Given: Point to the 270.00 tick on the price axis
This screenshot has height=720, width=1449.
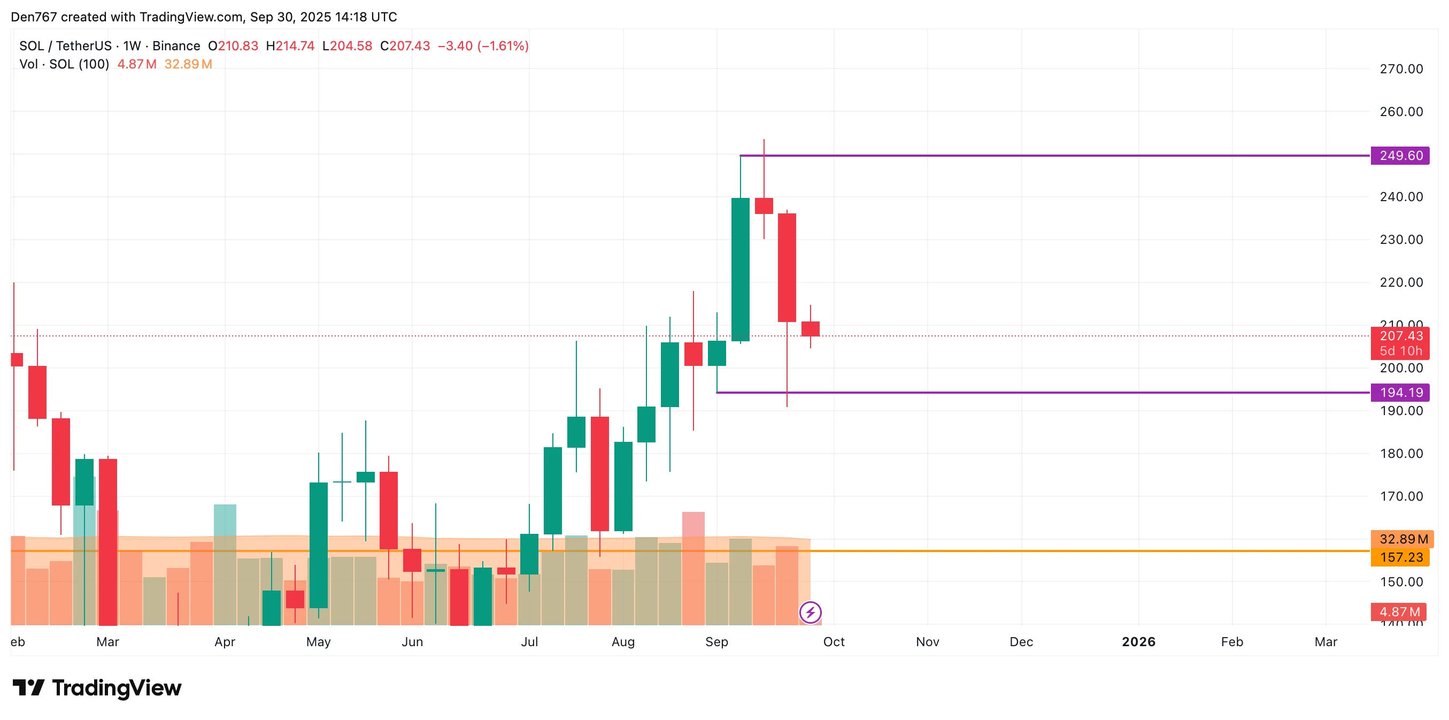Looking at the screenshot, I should pyautogui.click(x=1401, y=69).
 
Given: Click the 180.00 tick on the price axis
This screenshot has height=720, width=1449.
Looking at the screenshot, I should pyautogui.click(x=1401, y=454).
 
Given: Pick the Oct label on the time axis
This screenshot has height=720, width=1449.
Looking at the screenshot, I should pyautogui.click(x=834, y=642).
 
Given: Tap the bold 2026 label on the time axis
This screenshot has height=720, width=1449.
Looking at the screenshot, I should pyautogui.click(x=1138, y=642).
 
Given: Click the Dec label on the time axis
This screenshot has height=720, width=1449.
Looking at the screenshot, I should pyautogui.click(x=1021, y=642).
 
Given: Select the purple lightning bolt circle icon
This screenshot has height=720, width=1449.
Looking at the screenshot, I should pyautogui.click(x=810, y=612).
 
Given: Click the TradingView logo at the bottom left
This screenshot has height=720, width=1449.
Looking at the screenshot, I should pyautogui.click(x=97, y=688).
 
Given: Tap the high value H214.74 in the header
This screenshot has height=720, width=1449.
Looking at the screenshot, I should pyautogui.click(x=290, y=46).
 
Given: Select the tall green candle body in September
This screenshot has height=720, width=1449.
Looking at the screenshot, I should pyautogui.click(x=740, y=269).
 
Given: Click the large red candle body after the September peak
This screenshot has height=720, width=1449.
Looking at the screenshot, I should pyautogui.click(x=787, y=267).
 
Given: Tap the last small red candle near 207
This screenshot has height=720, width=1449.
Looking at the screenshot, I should pyautogui.click(x=810, y=329).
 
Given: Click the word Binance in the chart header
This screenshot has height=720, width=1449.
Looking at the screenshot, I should pyautogui.click(x=176, y=46).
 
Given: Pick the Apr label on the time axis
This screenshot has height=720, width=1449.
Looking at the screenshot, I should pyautogui.click(x=225, y=642).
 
